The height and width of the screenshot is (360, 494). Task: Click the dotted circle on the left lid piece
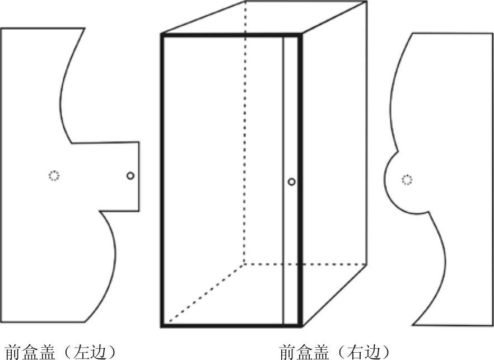(x=54, y=176)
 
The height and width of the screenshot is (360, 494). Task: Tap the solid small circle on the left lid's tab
(x=131, y=176)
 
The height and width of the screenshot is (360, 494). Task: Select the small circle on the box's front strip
(x=291, y=181)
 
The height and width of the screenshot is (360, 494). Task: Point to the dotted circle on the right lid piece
(x=407, y=180)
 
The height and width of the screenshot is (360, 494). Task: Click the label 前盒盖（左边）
(x=61, y=352)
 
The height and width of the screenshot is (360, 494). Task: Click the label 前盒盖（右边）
(x=334, y=352)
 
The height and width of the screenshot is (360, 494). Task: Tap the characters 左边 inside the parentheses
(x=92, y=352)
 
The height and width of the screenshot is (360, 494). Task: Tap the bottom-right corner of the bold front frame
(x=301, y=325)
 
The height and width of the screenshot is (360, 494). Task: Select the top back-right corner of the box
(x=367, y=2)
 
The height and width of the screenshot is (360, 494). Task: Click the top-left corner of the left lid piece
(x=1, y=29)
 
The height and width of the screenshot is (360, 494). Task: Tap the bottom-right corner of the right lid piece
(x=492, y=325)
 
